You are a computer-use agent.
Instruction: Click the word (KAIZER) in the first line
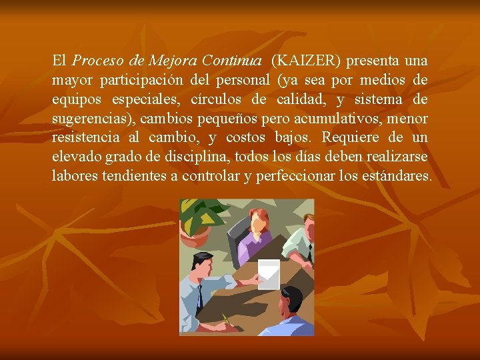(306, 61)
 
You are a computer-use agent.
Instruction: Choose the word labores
(75, 177)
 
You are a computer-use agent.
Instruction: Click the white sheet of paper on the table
(268, 273)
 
